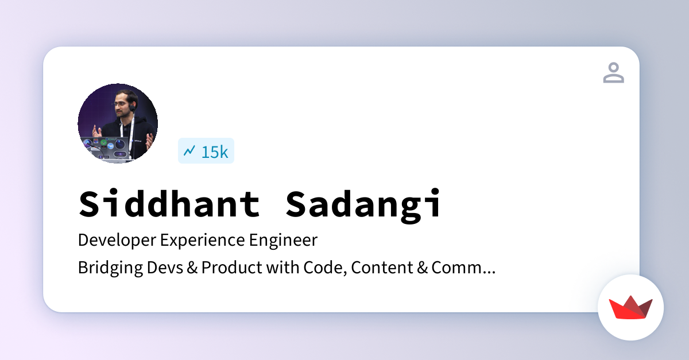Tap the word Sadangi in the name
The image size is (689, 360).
point(364,204)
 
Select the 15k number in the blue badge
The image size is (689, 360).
point(214,152)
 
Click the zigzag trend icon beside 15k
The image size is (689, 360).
point(189,151)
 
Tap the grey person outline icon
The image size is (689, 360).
point(613,73)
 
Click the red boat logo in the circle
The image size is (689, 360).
point(630,308)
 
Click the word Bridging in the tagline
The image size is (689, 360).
point(104,268)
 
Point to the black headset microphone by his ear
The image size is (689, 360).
point(132,108)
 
